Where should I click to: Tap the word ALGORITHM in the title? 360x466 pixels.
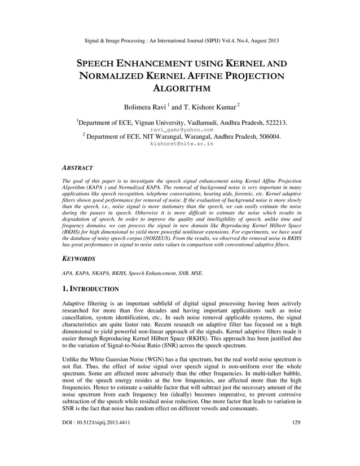[x=180, y=89]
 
